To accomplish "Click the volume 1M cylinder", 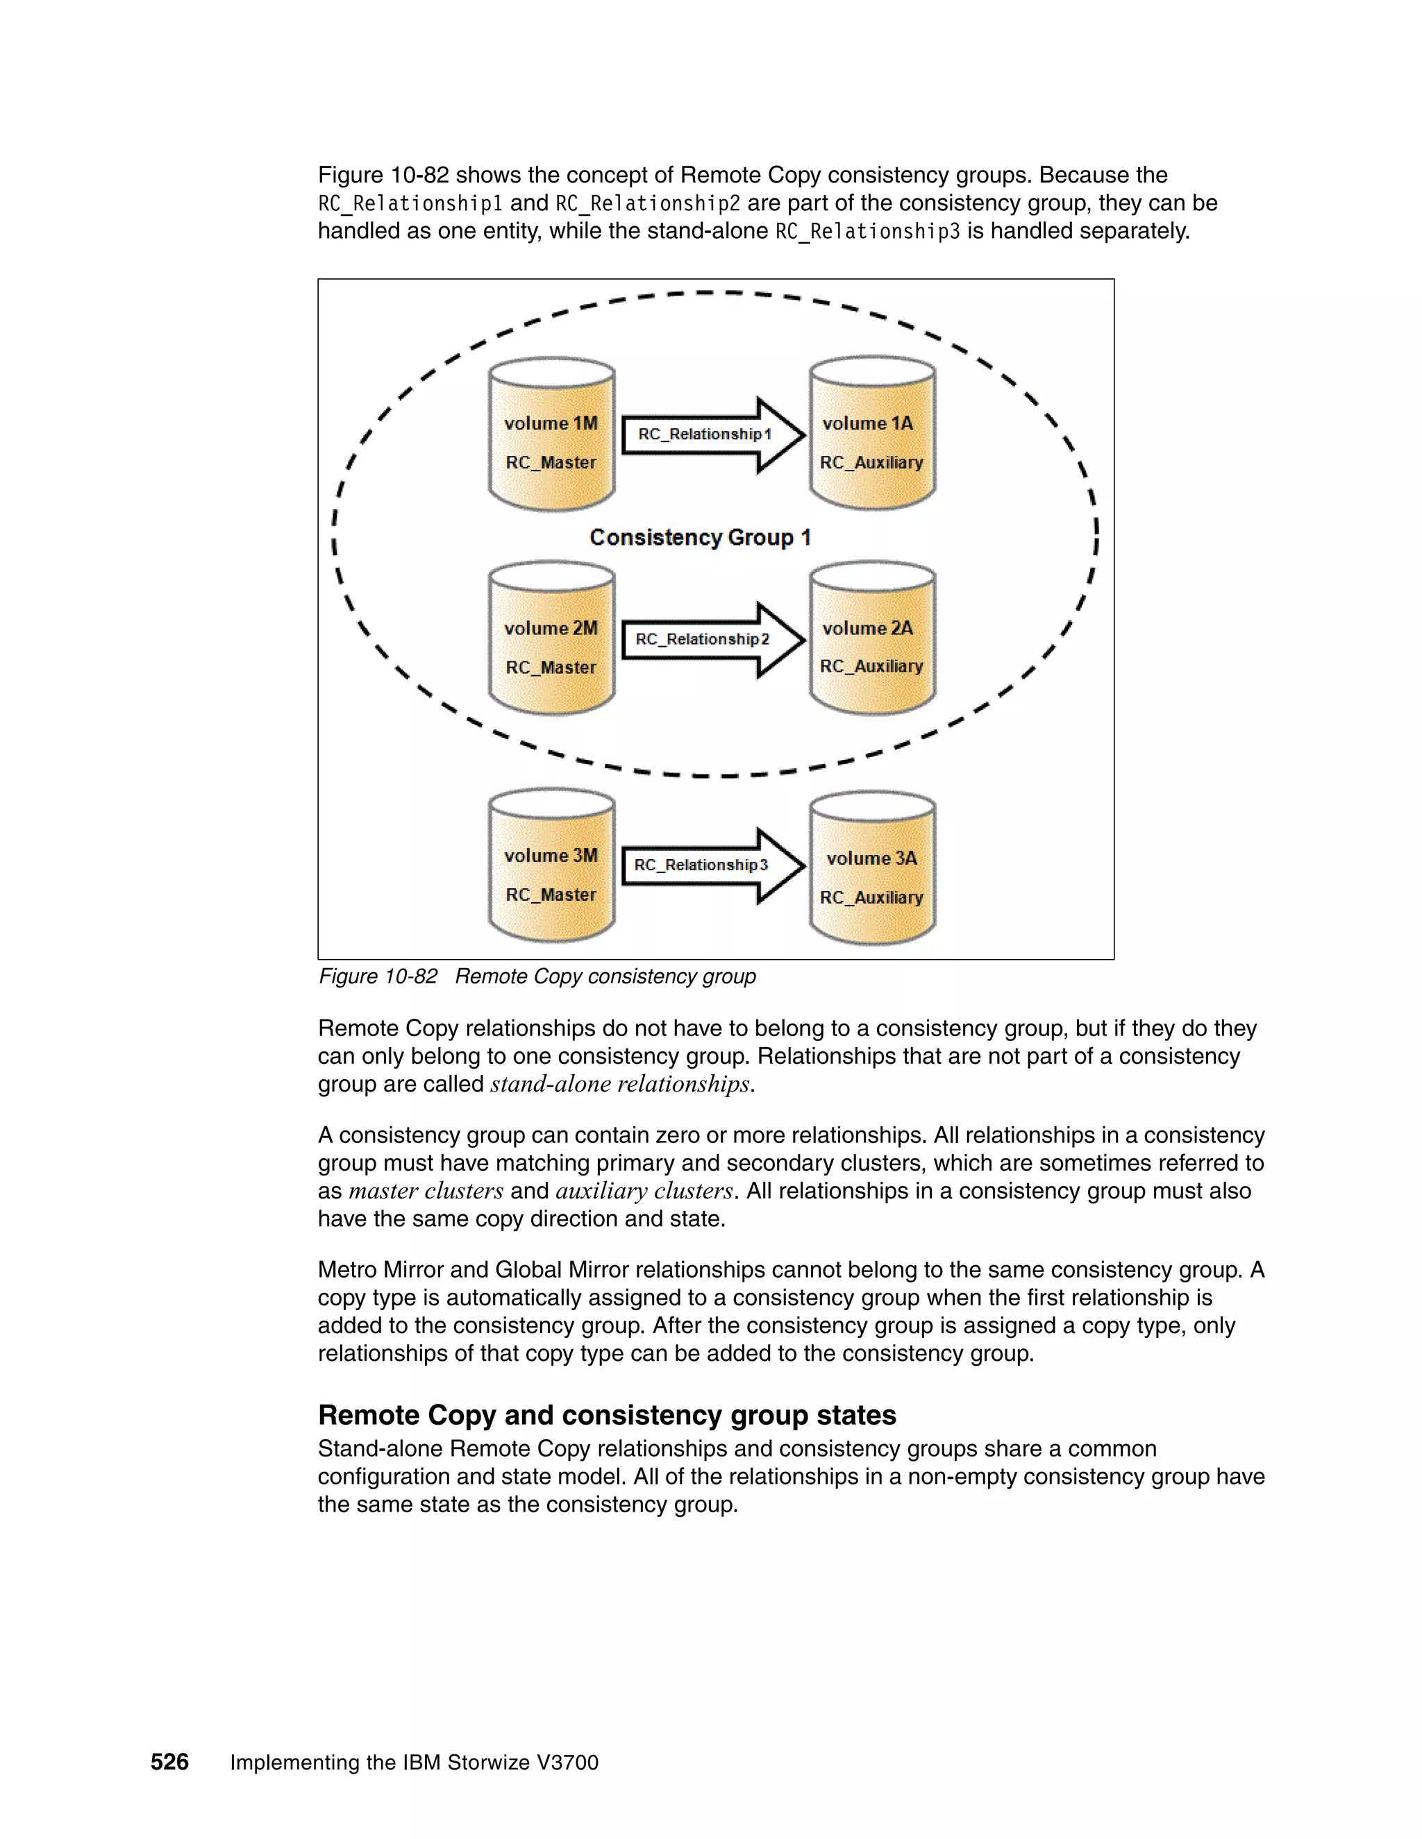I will (x=551, y=434).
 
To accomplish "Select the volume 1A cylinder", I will (x=872, y=434).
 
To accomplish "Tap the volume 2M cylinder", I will (x=551, y=638).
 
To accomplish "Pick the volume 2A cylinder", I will (x=872, y=638).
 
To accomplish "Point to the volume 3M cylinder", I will (x=551, y=867).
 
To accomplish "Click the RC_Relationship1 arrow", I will (x=712, y=434).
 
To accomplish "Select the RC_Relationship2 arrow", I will (x=712, y=639).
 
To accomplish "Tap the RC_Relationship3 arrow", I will (x=712, y=865).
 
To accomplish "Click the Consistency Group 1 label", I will (x=699, y=537).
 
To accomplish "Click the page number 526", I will (x=169, y=1761).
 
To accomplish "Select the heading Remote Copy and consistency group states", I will (x=607, y=1414).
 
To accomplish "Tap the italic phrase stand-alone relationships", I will (x=621, y=1084).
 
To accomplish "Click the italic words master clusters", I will (x=426, y=1191).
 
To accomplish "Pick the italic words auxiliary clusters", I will (x=644, y=1191).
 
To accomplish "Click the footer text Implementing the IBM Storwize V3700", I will (x=414, y=1763).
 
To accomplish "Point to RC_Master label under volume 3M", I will (x=550, y=895).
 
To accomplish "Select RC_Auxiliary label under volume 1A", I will (x=871, y=462).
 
